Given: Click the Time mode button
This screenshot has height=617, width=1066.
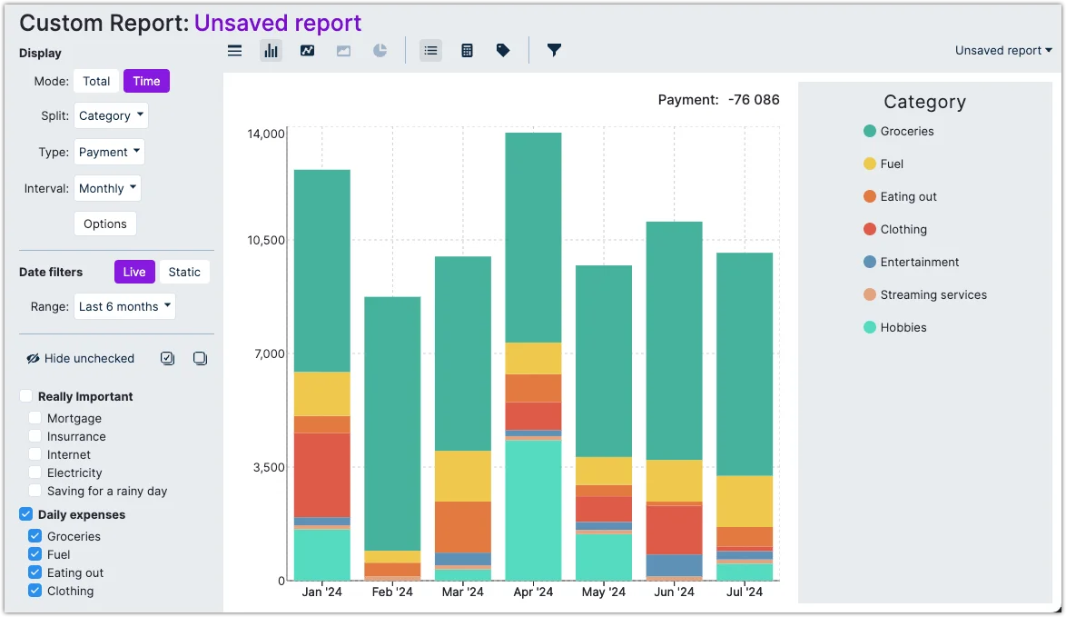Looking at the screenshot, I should click(x=146, y=81).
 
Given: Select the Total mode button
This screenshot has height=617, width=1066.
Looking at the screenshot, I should click(x=96, y=81).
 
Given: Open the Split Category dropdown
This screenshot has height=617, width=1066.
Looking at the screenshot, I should click(x=111, y=115).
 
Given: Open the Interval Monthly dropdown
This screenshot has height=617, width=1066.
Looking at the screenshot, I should click(x=107, y=188).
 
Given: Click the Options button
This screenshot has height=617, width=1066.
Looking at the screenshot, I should click(x=105, y=224).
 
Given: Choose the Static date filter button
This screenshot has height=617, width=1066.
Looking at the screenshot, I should click(x=184, y=272).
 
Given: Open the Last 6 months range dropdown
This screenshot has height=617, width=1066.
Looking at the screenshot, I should click(x=124, y=306).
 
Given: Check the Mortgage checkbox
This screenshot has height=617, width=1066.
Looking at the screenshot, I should click(x=35, y=418).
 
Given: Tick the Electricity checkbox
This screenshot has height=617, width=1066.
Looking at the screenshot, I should click(x=35, y=473).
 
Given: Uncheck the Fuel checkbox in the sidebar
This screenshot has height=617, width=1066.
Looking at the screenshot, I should click(x=35, y=554).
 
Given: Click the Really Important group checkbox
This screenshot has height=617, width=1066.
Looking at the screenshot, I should click(x=26, y=396).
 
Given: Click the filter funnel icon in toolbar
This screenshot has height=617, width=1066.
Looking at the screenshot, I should click(x=554, y=50).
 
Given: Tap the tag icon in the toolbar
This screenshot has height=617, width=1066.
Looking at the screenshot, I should click(x=503, y=50).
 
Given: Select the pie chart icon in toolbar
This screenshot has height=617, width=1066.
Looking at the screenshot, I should click(x=380, y=50).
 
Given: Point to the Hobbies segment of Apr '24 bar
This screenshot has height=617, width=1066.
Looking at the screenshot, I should click(x=533, y=509).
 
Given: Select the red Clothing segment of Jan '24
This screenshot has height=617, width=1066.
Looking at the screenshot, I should click(x=321, y=474).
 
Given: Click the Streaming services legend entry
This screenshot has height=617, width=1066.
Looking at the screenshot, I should click(x=933, y=294).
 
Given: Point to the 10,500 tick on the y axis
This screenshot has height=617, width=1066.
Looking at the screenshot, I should click(x=266, y=240).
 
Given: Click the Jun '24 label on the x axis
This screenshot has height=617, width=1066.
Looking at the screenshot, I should click(x=674, y=592).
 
